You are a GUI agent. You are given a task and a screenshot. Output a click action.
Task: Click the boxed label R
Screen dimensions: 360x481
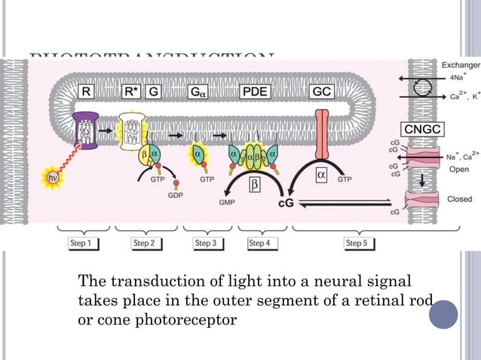point(87,93)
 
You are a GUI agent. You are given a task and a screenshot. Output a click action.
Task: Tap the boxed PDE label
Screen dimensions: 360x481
point(253,93)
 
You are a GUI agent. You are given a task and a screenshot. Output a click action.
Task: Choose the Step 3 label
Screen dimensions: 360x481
point(205,243)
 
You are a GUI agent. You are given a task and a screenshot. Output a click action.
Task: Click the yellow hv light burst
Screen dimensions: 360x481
point(53,178)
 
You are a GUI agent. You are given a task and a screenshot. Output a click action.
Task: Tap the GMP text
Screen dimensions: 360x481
point(226,203)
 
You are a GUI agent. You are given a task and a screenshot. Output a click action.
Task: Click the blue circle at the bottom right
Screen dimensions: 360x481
point(443,314)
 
